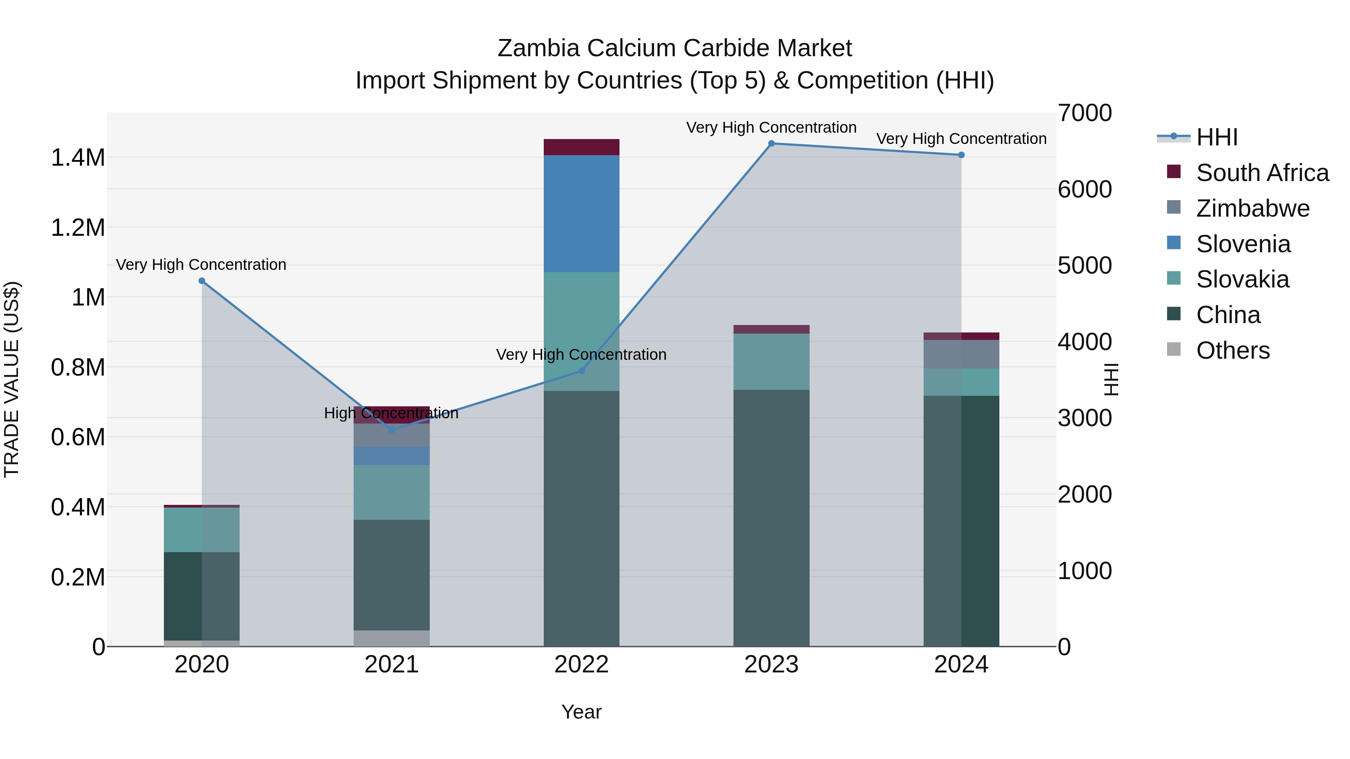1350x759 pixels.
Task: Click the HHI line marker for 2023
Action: [771, 144]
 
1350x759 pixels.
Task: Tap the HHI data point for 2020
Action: [202, 281]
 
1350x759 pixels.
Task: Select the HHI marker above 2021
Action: [391, 430]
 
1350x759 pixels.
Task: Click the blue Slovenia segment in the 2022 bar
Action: [581, 213]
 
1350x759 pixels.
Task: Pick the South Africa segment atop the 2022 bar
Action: [581, 147]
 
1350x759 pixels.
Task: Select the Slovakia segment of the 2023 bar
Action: [771, 361]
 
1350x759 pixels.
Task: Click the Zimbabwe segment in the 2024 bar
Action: [961, 354]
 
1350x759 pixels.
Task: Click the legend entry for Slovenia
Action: [1243, 244]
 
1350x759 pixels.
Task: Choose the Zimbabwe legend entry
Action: [1252, 208]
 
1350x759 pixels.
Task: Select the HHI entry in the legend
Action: [1216, 137]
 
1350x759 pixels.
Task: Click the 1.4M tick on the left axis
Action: [78, 158]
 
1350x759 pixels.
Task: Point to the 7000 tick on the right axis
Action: [1084, 113]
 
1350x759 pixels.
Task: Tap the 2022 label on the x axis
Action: [581, 665]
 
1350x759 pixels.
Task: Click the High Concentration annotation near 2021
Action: [391, 413]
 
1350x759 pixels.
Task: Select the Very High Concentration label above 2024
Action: [961, 139]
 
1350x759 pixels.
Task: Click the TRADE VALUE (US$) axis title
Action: [12, 379]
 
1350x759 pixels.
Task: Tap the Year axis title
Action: [581, 712]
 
